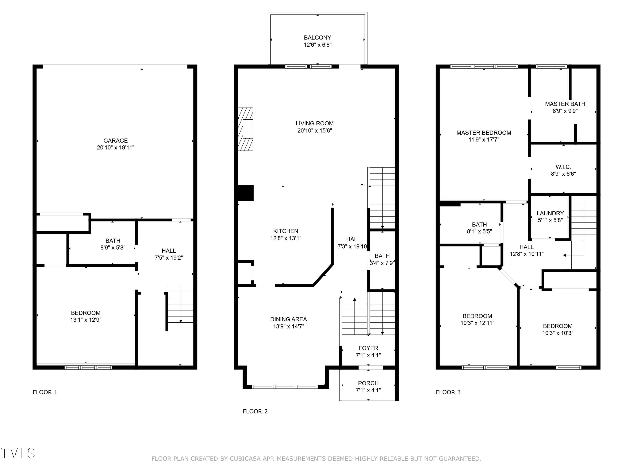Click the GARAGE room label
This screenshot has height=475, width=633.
click(x=116, y=141)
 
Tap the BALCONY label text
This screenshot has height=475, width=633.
click(x=317, y=38)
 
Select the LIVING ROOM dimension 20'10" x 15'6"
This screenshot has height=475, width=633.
click(x=315, y=130)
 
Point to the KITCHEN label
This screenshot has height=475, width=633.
click(x=286, y=231)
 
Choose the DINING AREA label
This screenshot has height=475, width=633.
click(x=288, y=319)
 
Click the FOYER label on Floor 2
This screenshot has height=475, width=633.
click(x=368, y=348)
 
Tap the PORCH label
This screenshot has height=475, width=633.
click(x=368, y=383)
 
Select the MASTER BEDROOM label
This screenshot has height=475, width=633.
click(x=484, y=133)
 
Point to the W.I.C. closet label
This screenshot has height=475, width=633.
click(x=563, y=167)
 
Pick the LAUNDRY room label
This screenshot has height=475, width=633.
click(x=550, y=213)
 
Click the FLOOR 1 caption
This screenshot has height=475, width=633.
click(x=45, y=392)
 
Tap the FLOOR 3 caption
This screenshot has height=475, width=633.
click(x=448, y=392)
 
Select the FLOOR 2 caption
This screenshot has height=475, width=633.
click(x=255, y=411)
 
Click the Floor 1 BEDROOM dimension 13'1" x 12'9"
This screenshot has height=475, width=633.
click(x=86, y=320)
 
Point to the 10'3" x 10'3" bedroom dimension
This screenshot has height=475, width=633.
click(x=558, y=333)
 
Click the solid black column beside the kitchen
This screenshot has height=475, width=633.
click(x=246, y=193)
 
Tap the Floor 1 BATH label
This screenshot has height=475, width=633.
click(x=113, y=241)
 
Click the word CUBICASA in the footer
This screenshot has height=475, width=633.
click(x=245, y=459)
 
